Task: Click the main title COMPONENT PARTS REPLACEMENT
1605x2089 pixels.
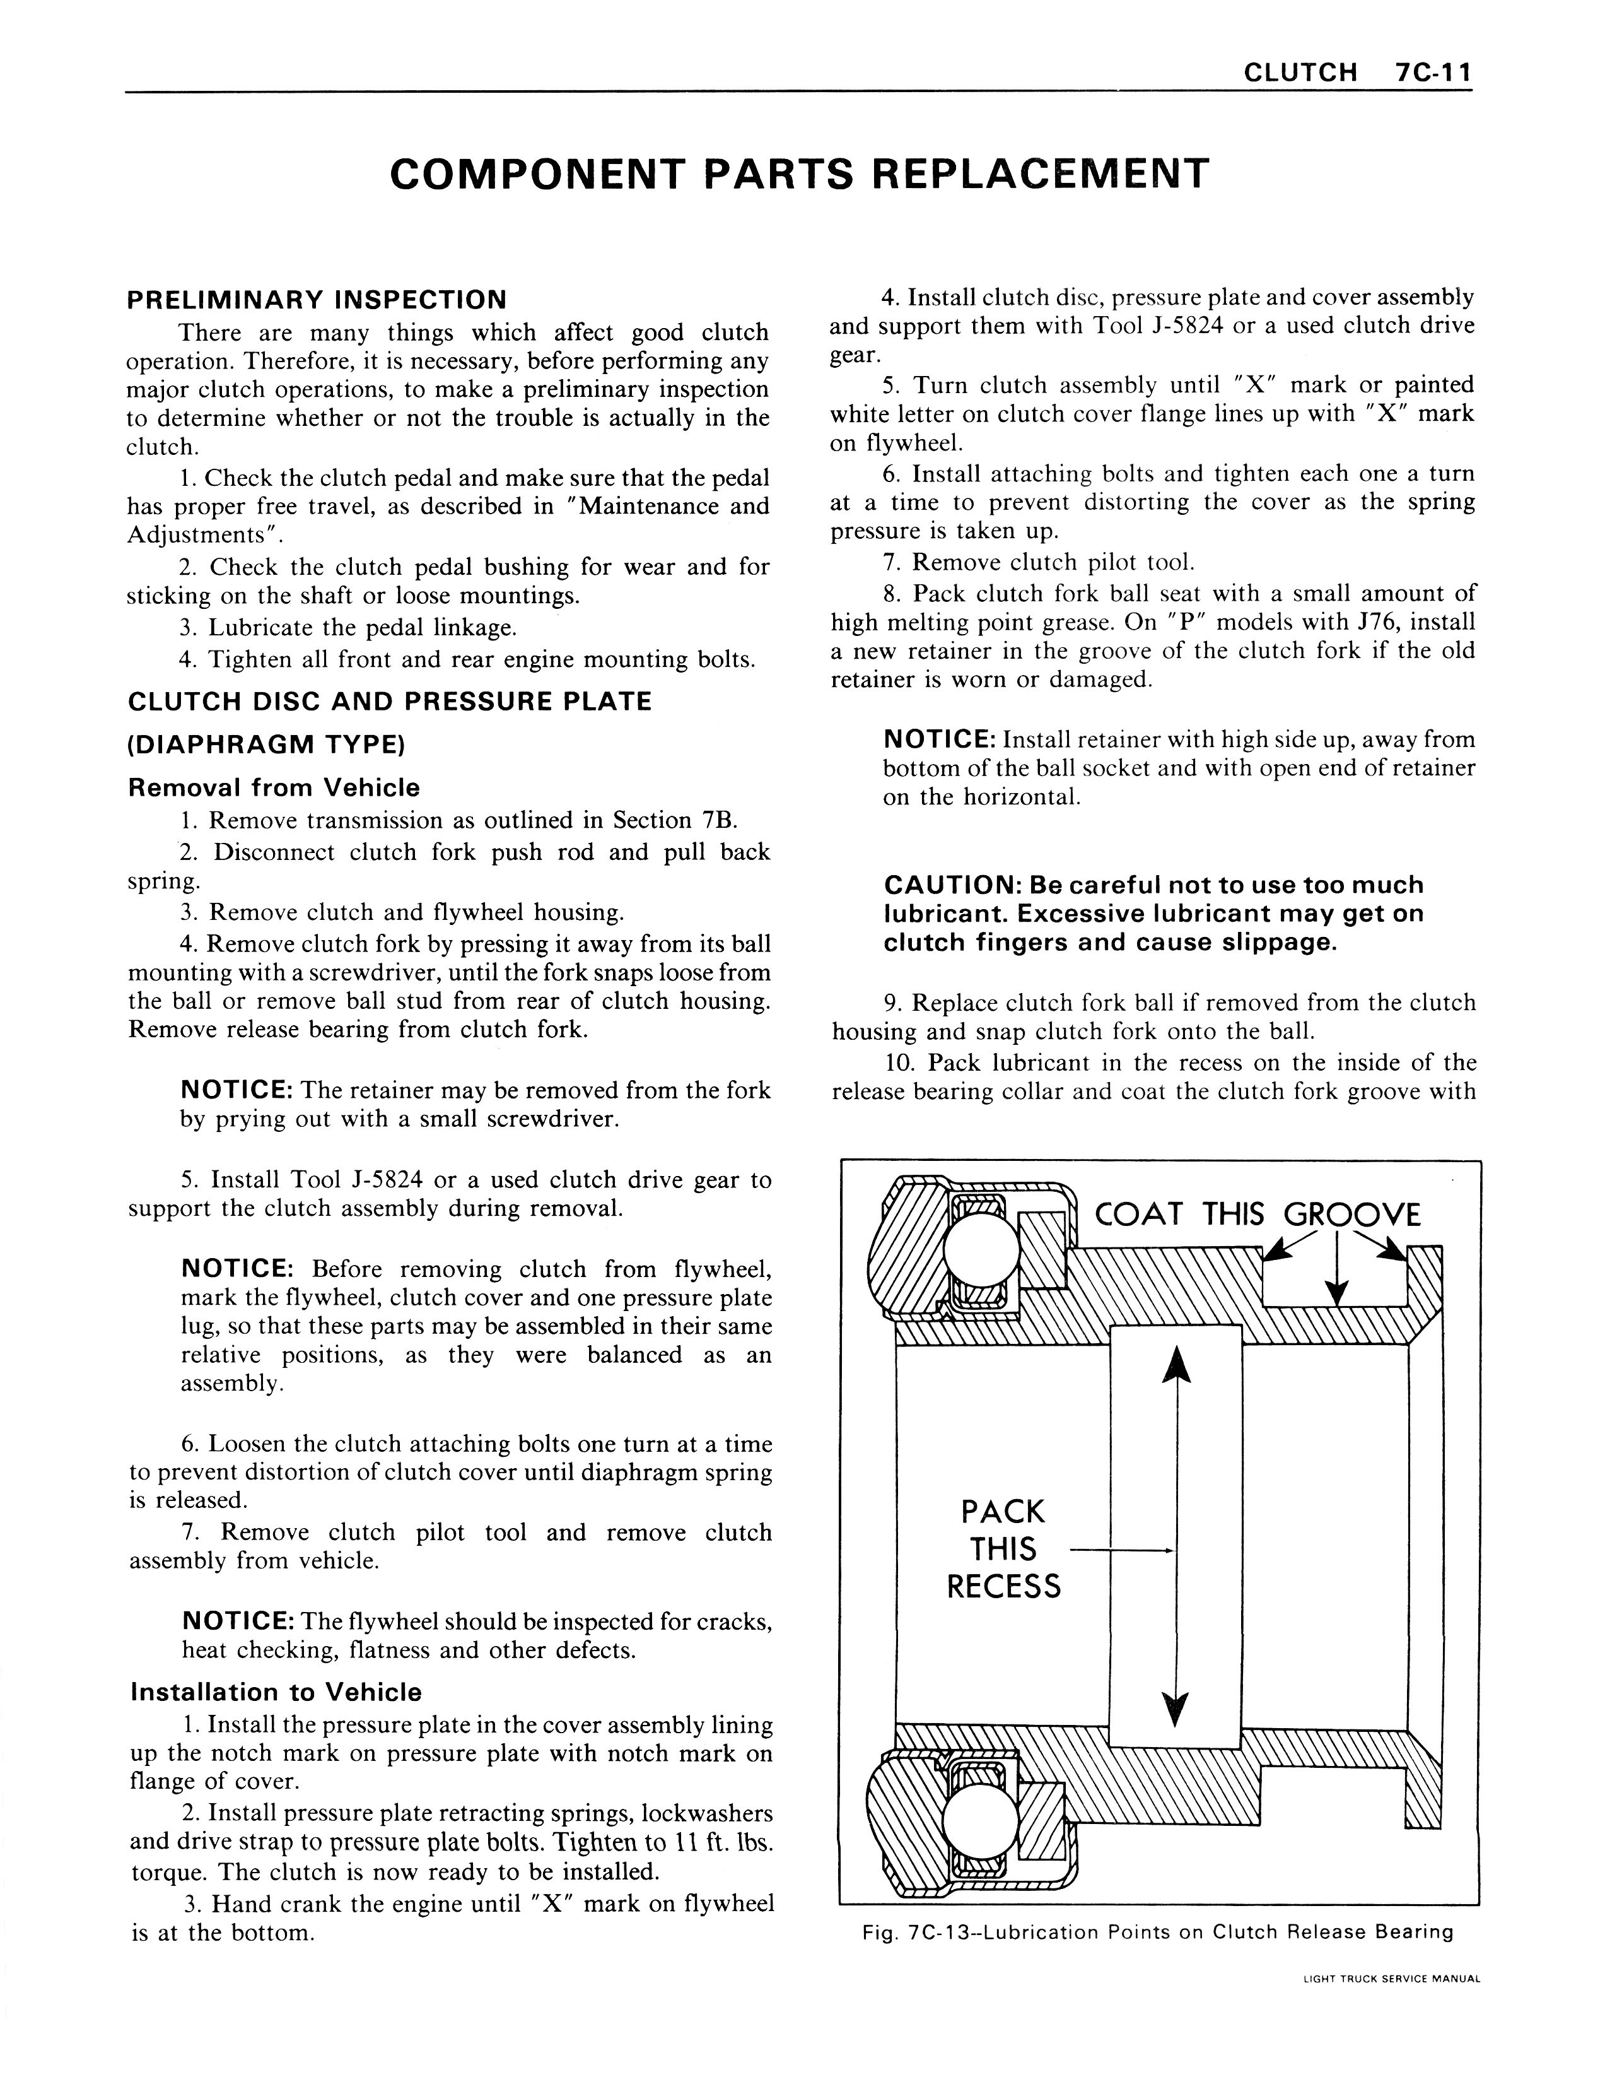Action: click(800, 174)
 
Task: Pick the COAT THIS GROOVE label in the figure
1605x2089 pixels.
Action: click(1258, 1215)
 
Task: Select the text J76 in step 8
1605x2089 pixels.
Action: click(1377, 622)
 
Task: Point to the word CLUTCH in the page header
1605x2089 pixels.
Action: click(1300, 73)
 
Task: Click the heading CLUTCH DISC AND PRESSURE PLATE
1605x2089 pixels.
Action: click(390, 702)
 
